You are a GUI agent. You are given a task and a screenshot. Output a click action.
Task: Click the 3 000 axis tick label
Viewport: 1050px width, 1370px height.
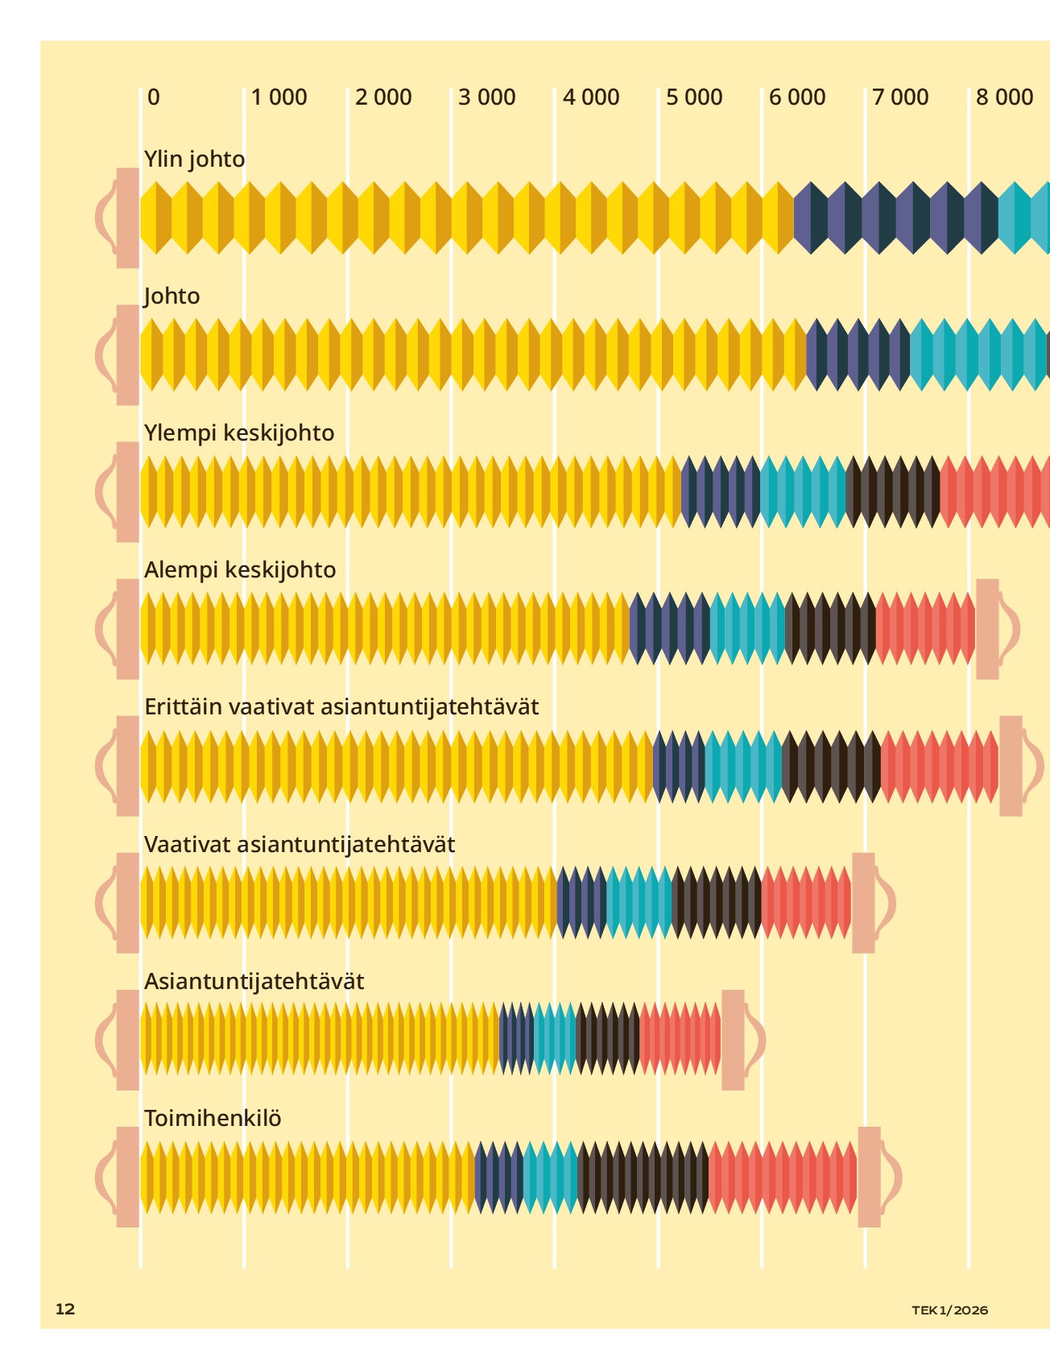pos(487,97)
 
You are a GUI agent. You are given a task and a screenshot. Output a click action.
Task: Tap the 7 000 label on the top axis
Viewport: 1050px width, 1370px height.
pos(900,97)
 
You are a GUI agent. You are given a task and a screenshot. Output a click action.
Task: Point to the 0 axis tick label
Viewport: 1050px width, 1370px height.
pos(154,97)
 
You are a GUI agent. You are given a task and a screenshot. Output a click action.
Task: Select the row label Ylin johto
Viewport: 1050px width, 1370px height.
pos(194,159)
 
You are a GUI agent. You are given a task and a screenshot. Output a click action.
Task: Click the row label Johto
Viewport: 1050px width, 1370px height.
pos(172,296)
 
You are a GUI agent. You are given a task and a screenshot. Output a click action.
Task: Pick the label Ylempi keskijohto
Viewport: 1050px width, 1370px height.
pos(239,433)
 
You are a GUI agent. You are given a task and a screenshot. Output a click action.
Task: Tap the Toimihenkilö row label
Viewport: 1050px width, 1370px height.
pos(213,1118)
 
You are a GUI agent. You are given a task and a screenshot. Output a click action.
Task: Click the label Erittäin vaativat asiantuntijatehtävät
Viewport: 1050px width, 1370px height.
pos(341,706)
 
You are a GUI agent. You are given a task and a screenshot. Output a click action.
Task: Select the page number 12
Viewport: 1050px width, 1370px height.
pos(65,1309)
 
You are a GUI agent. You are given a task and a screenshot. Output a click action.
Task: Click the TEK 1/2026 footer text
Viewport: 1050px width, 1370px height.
pos(949,1310)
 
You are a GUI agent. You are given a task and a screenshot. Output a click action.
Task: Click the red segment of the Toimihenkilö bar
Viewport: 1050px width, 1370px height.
pos(782,1177)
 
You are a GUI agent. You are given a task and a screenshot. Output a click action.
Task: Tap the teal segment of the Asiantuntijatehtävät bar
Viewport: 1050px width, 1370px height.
pos(555,1040)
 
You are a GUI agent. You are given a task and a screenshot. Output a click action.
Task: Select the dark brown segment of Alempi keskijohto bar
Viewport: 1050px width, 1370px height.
pos(830,629)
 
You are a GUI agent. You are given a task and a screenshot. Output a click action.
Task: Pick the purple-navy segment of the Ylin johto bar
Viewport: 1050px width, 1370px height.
pos(895,218)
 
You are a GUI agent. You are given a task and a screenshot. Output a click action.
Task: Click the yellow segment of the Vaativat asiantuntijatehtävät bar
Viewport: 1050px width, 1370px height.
pos(348,903)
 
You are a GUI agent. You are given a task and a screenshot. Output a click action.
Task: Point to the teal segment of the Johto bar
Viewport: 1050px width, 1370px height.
pos(978,355)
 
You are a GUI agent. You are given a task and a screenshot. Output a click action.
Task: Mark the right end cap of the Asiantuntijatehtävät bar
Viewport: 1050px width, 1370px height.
pos(733,1040)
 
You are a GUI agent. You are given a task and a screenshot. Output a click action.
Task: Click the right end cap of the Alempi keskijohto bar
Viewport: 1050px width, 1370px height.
pos(988,629)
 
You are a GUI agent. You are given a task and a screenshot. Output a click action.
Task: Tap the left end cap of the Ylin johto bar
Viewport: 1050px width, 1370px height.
pos(127,218)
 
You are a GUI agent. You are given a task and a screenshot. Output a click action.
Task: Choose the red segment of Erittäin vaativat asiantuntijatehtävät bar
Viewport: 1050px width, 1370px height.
pos(939,766)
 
